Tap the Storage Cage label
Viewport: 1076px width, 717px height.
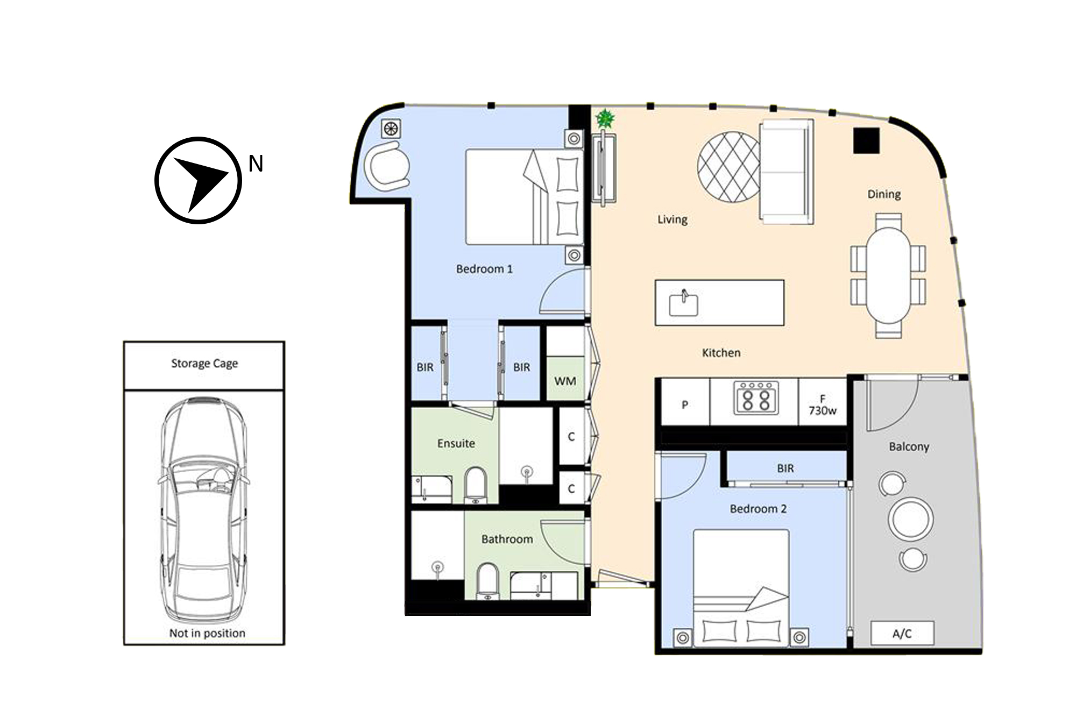(x=204, y=364)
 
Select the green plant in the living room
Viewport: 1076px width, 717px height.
(x=606, y=118)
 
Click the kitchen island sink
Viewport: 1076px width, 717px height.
(x=683, y=303)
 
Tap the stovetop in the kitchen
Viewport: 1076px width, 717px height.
(x=756, y=398)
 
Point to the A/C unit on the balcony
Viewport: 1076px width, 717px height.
(x=902, y=634)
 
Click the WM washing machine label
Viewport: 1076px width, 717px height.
(x=565, y=381)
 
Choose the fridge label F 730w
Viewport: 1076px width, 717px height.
(x=823, y=405)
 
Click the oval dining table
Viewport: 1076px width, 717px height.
(x=888, y=275)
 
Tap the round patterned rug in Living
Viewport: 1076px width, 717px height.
(x=729, y=167)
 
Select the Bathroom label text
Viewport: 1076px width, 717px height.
(x=507, y=539)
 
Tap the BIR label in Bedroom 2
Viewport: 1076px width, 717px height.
(x=785, y=468)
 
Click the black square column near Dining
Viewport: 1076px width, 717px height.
(x=866, y=140)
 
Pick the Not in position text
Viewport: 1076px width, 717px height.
(x=207, y=633)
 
